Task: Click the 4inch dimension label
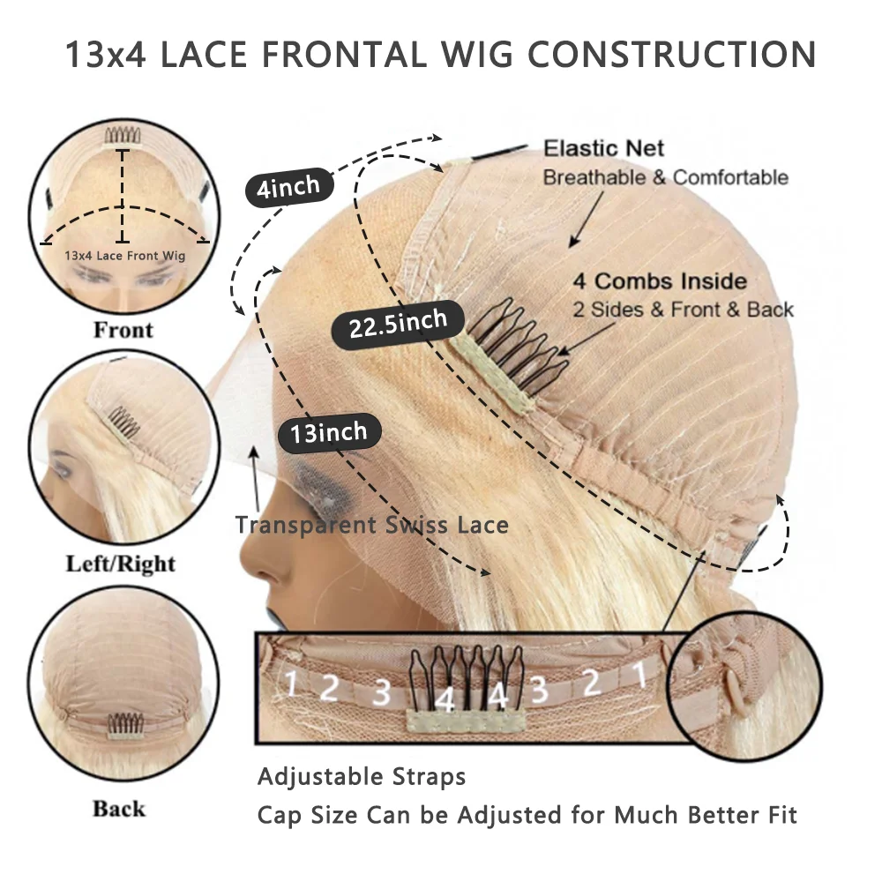282,188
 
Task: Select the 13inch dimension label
328,432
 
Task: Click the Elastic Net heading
603,148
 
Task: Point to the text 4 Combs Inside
660,282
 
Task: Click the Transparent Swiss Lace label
371,526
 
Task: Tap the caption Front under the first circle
123,330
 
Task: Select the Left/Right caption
121,564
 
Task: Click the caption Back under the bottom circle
119,808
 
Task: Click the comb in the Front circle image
123,134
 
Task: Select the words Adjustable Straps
361,777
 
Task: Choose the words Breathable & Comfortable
665,177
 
